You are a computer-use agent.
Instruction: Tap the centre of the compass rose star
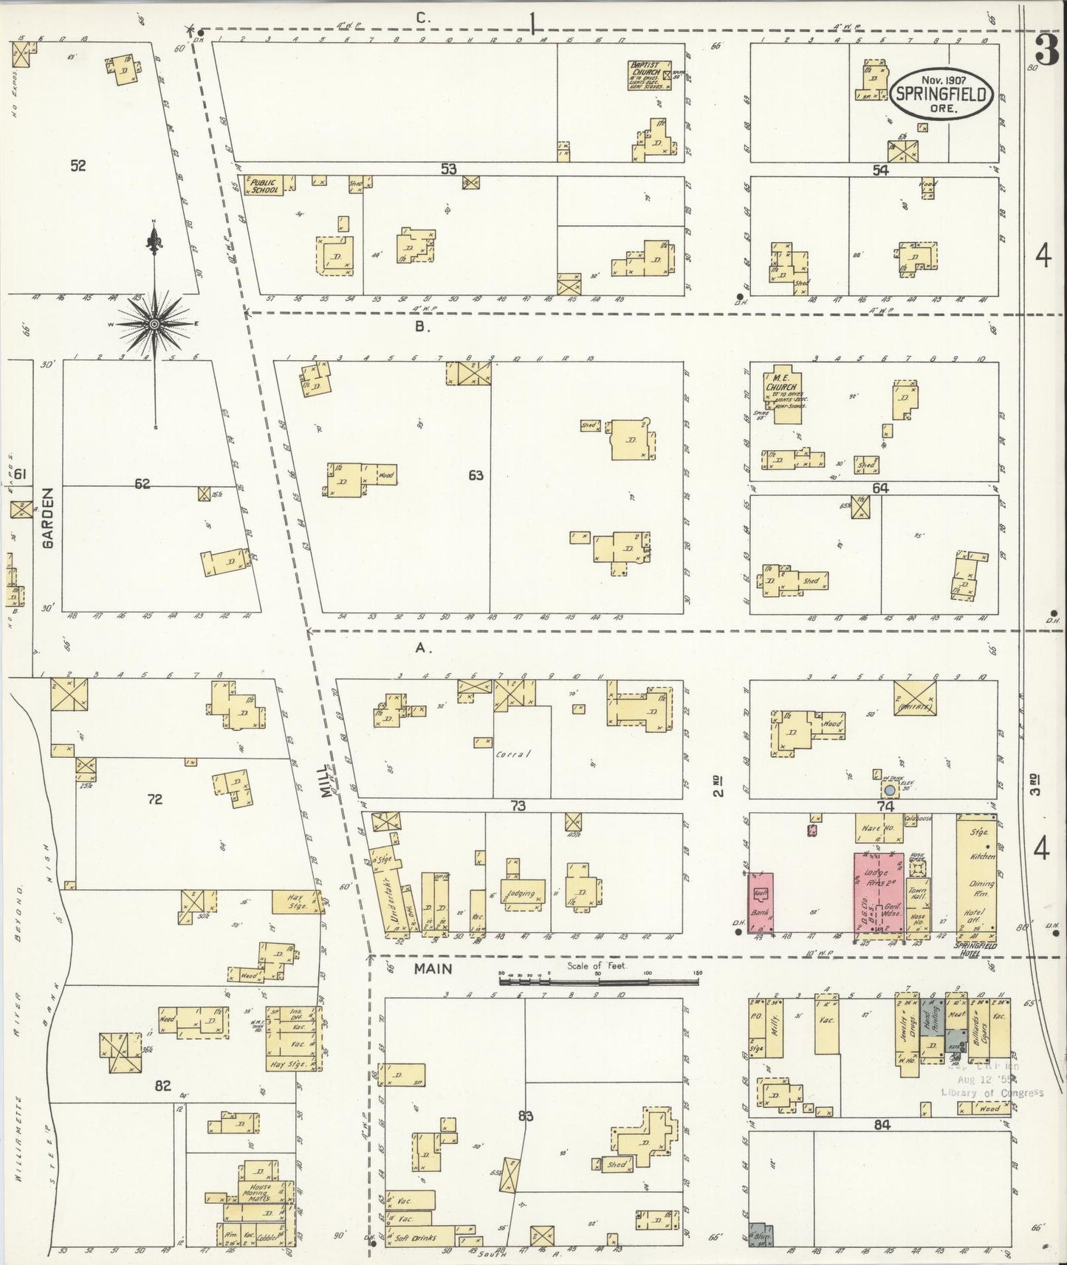tap(154, 324)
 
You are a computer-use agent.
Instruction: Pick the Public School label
tap(265, 185)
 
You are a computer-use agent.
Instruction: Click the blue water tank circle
tap(890, 790)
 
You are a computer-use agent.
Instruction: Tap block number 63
tap(476, 475)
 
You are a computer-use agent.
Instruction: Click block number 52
tap(78, 165)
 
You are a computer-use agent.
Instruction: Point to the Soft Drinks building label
tap(416, 1238)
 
